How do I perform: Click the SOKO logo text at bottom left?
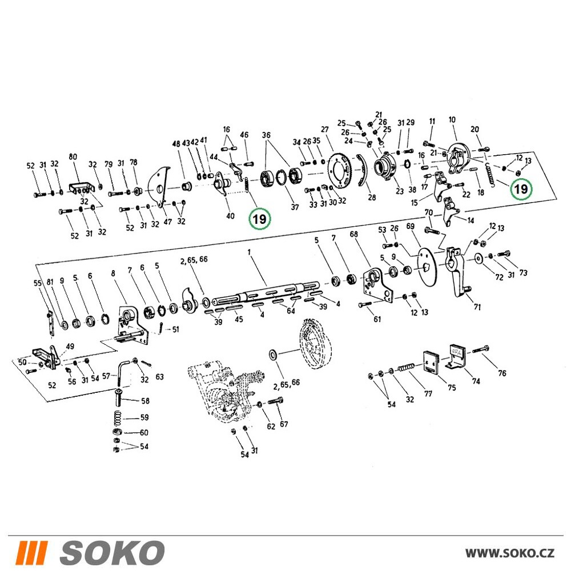point(112,553)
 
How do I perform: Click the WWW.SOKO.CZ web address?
point(510,553)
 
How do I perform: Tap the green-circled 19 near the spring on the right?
point(521,189)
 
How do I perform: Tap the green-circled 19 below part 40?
point(260,219)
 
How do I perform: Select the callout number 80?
point(73,157)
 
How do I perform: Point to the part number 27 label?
point(325,129)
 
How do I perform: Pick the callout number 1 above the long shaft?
point(249,252)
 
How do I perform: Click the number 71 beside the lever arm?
point(477,307)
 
